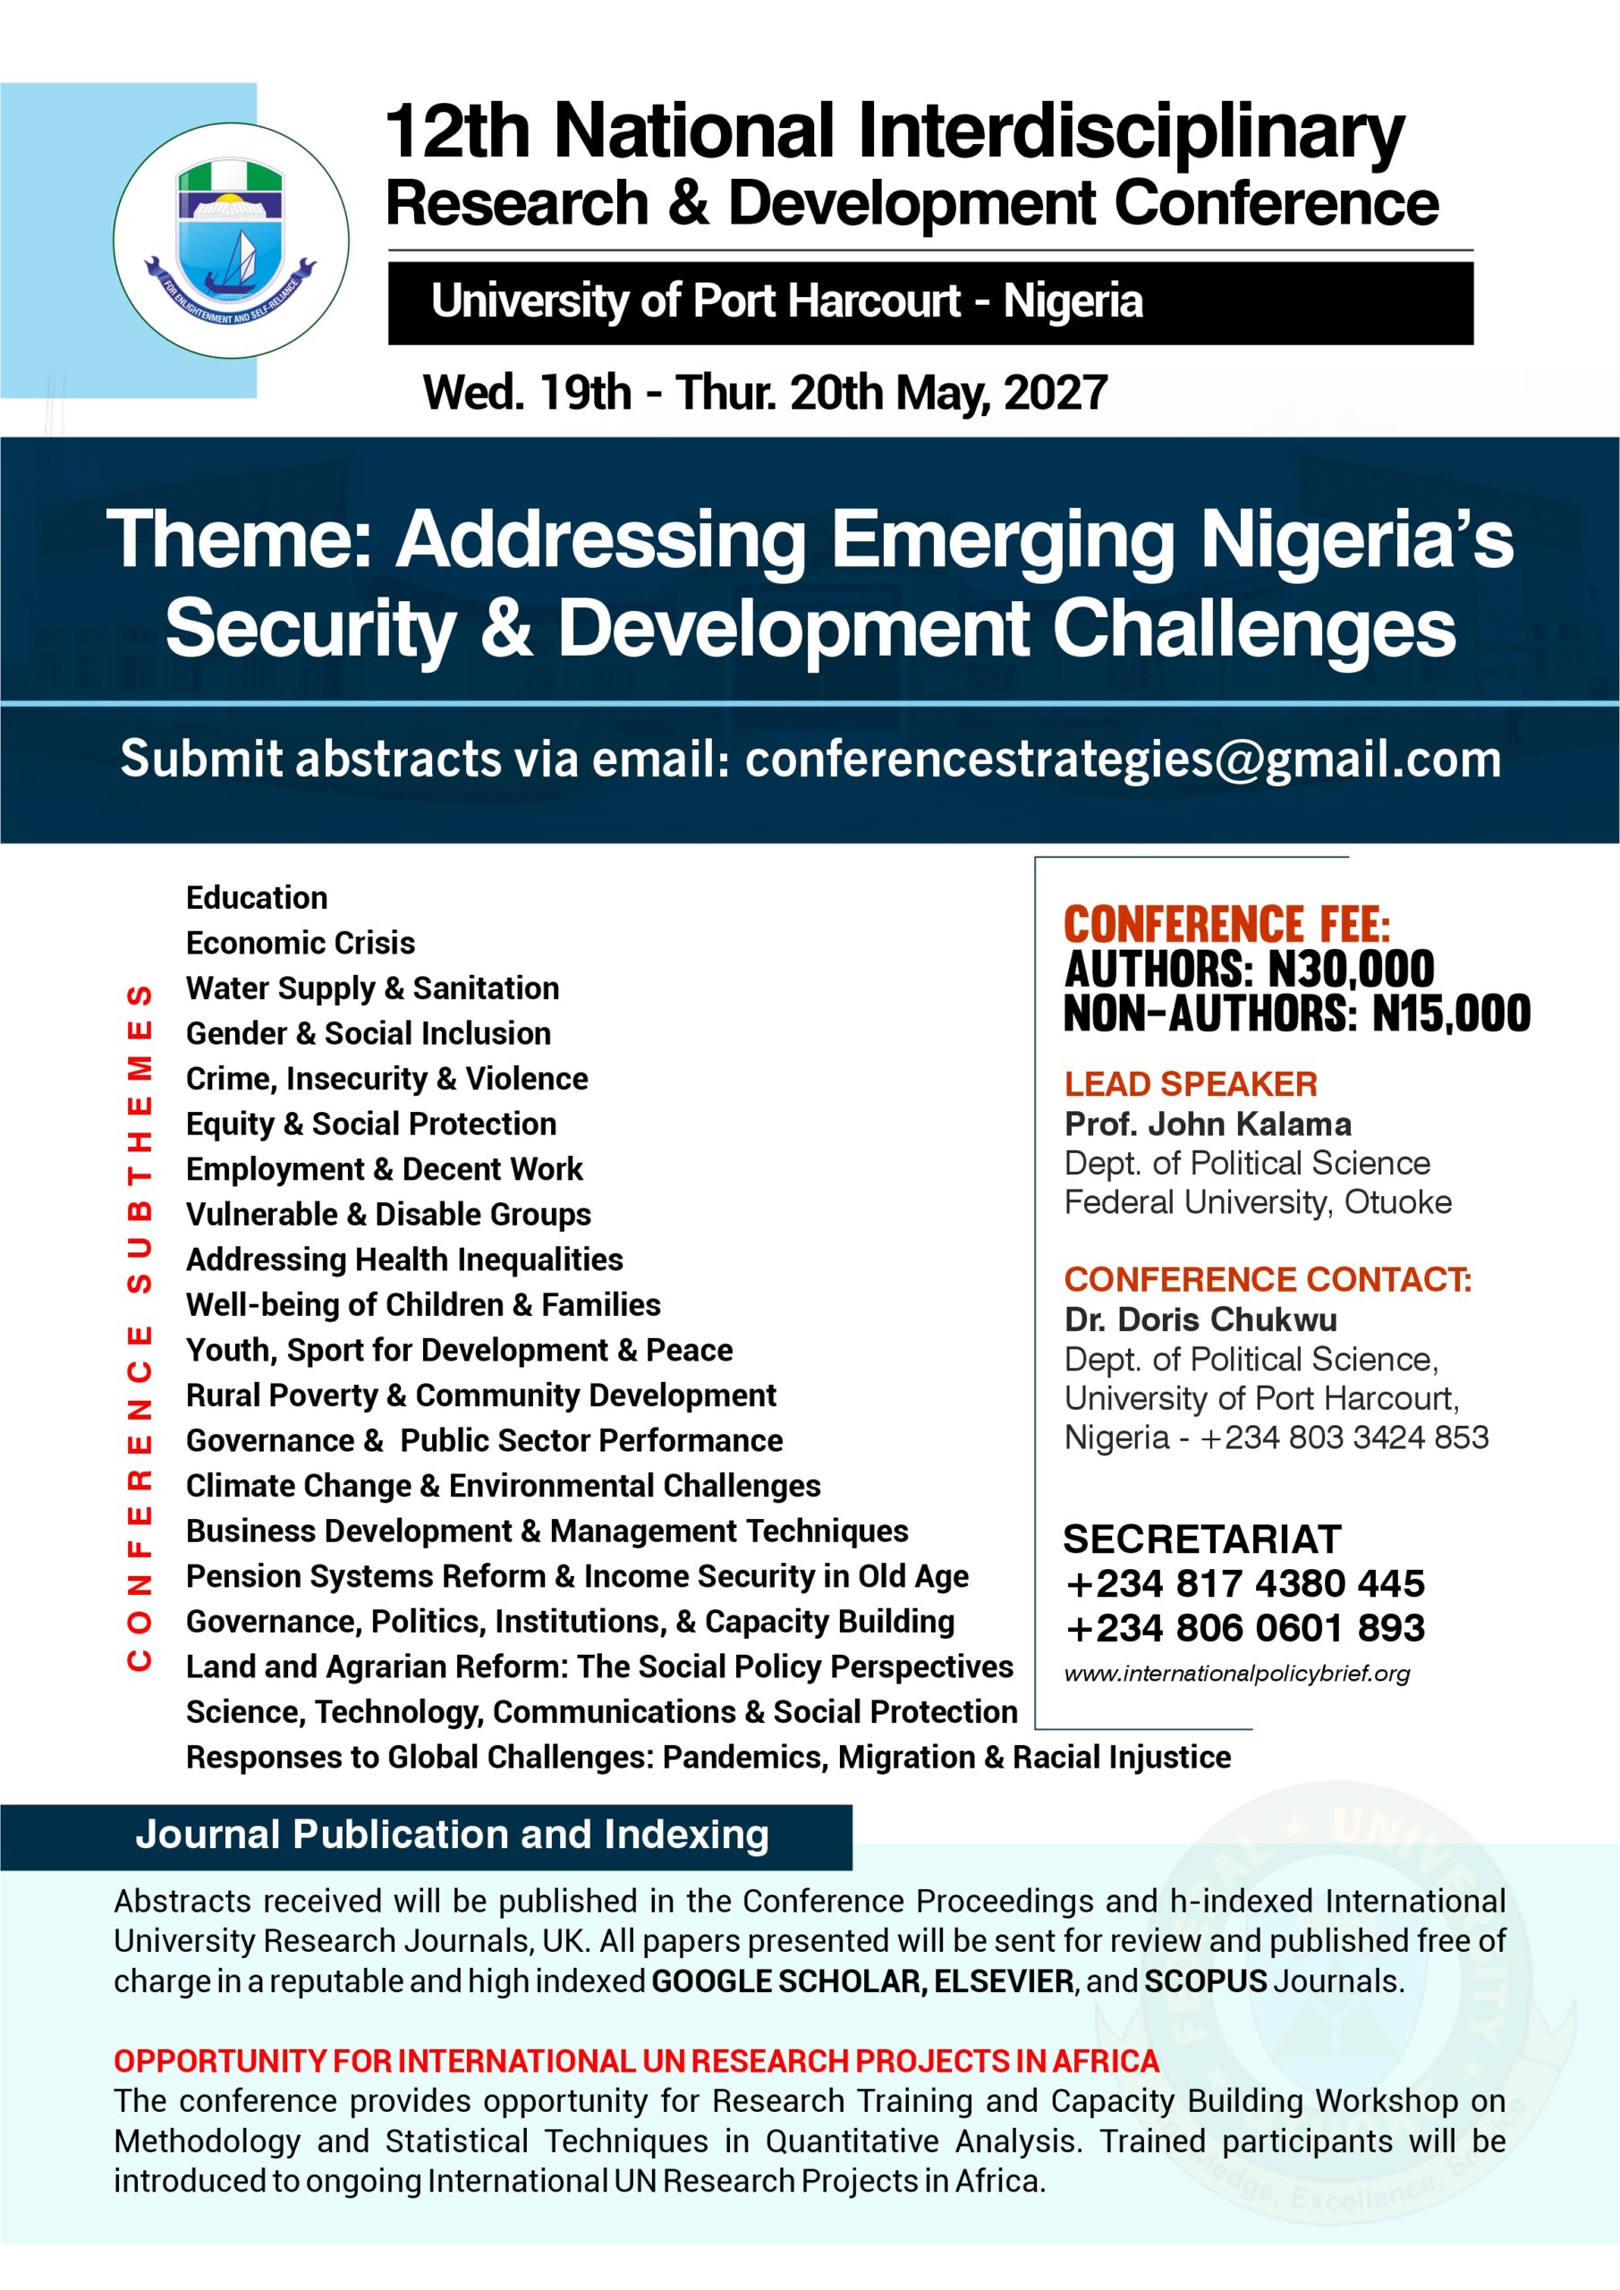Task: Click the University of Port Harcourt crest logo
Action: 231,241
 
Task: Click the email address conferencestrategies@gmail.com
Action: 1123,759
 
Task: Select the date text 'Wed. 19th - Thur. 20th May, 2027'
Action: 765,392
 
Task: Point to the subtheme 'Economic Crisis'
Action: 301,943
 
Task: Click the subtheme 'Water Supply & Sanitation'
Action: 372,988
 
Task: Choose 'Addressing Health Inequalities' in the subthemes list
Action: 404,1259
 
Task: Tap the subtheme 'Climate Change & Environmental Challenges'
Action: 503,1485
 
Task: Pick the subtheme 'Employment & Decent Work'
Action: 384,1168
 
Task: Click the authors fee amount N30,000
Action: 1351,969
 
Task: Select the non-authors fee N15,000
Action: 1452,1014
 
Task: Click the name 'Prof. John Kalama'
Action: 1208,1124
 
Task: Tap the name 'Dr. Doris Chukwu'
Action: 1200,1319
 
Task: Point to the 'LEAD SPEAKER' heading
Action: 1190,1083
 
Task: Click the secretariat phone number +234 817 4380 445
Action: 1245,1582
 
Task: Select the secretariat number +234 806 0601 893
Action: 1245,1628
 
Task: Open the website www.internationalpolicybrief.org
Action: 1237,1673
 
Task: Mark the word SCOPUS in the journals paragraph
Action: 1205,1980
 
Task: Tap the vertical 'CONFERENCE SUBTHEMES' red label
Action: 140,1327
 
